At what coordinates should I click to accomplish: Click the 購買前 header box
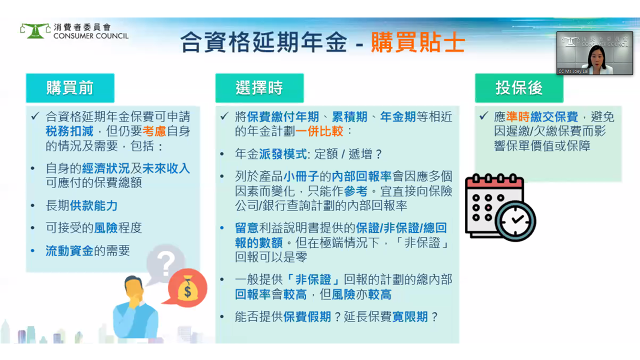click(x=70, y=88)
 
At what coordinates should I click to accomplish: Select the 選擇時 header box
click(x=259, y=88)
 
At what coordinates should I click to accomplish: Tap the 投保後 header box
click(x=519, y=88)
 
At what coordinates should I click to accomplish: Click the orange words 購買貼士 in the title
click(x=418, y=42)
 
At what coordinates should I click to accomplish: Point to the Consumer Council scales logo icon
click(x=35, y=31)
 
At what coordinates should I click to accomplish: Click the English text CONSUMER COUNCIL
click(x=91, y=36)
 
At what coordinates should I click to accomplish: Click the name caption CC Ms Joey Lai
click(x=573, y=71)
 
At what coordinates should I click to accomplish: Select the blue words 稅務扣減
click(x=69, y=131)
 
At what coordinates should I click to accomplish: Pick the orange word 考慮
click(x=154, y=131)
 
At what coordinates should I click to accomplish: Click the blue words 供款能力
click(x=93, y=205)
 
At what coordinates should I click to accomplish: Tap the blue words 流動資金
click(x=69, y=251)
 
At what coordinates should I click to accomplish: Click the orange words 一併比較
click(x=319, y=131)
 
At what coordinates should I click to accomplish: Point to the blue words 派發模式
click(x=283, y=154)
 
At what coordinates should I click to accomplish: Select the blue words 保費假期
click(x=307, y=316)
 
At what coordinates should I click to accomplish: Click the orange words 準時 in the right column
click(x=517, y=117)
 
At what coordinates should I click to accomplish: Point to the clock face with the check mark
click(x=515, y=221)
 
